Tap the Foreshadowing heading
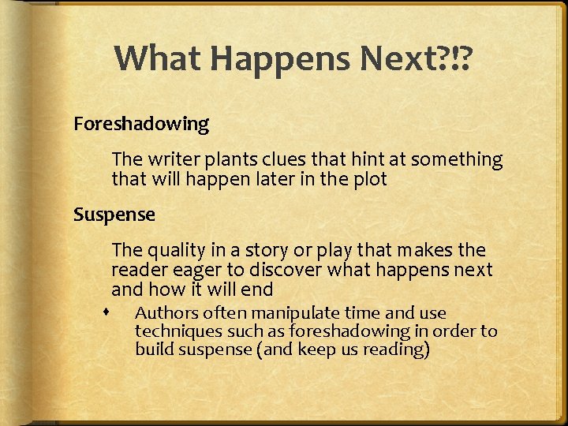point(141,124)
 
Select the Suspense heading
point(114,214)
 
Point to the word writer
point(173,159)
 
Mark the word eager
point(187,270)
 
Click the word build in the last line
point(151,349)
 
